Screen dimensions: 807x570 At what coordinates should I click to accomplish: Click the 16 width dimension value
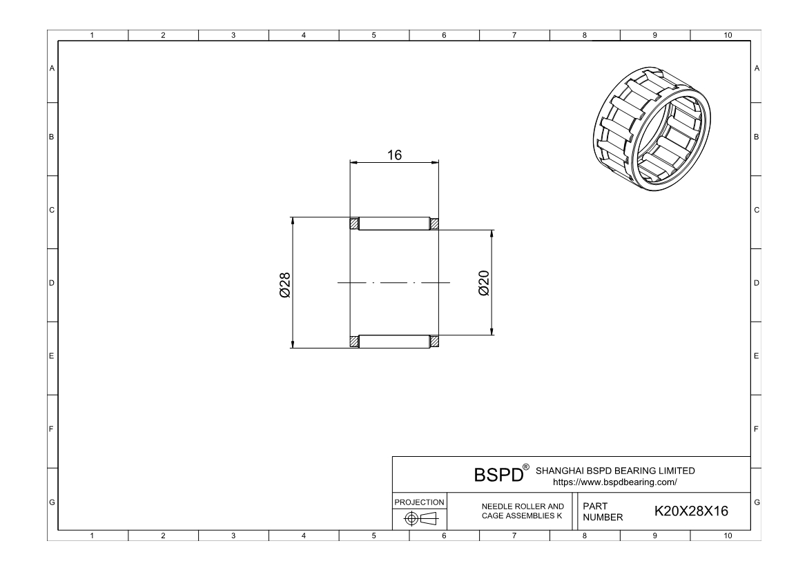click(394, 155)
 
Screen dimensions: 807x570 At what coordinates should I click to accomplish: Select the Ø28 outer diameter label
click(284, 285)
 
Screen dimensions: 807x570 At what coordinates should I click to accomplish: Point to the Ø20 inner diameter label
click(484, 283)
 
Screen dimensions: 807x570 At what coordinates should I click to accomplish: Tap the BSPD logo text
click(498, 474)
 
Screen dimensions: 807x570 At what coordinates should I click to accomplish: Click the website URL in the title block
click(615, 482)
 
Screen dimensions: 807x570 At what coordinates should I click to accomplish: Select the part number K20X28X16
click(691, 511)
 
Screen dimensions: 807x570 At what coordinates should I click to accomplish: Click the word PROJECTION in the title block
click(419, 502)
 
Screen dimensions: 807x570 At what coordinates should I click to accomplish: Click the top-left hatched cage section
click(354, 224)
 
